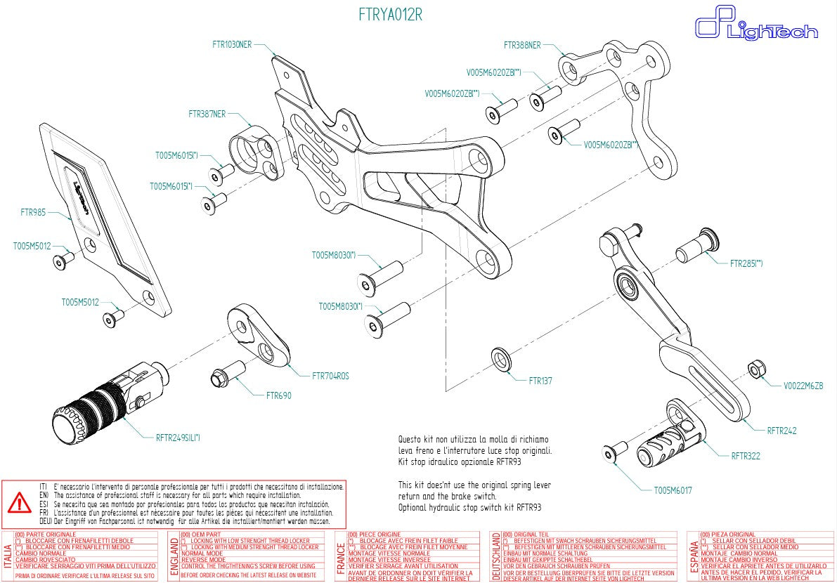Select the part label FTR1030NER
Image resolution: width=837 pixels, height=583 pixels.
[231, 44]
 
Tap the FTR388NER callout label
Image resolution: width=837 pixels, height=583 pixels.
[522, 45]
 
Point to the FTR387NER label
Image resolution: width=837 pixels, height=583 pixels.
[207, 113]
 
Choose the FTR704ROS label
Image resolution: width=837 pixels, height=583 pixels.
[330, 376]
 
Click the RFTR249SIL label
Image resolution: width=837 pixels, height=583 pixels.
[178, 438]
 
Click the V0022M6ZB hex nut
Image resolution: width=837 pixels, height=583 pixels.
[756, 368]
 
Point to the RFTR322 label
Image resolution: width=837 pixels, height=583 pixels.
[746, 456]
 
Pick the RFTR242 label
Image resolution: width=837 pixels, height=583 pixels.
[781, 430]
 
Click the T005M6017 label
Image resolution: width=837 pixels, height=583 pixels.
[673, 490]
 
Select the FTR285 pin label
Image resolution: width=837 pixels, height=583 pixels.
[746, 264]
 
